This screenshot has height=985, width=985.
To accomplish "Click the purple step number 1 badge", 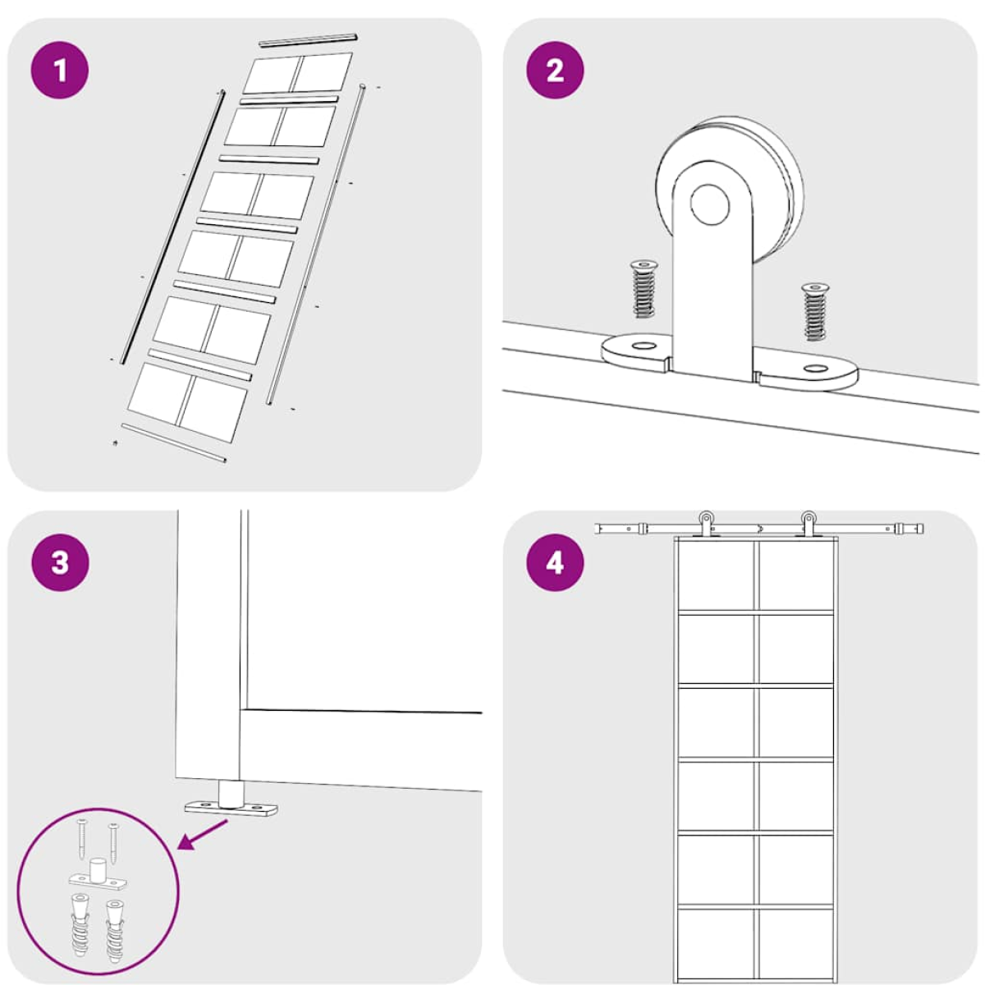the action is click(x=60, y=70).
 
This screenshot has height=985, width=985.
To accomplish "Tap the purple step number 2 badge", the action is click(x=555, y=70).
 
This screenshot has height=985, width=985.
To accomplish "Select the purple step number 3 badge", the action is click(x=60, y=563).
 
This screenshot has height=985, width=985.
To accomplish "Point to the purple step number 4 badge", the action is click(x=555, y=563).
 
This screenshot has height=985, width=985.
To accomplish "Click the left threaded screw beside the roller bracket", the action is click(x=644, y=289).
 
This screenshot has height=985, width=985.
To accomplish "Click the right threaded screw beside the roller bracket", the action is click(x=815, y=311).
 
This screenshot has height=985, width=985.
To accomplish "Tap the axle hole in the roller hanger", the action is click(x=709, y=204).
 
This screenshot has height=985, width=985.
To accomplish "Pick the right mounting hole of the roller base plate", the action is click(x=816, y=368).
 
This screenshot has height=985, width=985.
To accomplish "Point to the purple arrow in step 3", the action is click(x=203, y=835).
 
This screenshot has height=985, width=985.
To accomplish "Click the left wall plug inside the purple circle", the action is click(x=80, y=925).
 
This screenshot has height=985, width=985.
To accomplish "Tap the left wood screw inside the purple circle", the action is click(x=83, y=839).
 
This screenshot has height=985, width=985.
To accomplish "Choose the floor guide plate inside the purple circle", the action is click(x=98, y=874).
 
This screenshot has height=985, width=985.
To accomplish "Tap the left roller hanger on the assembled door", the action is click(x=705, y=523).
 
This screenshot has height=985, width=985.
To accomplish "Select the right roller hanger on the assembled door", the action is click(x=808, y=523).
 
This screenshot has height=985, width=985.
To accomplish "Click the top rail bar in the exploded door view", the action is click(x=308, y=40).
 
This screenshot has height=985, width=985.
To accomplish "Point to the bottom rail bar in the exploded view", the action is click(x=174, y=442).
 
